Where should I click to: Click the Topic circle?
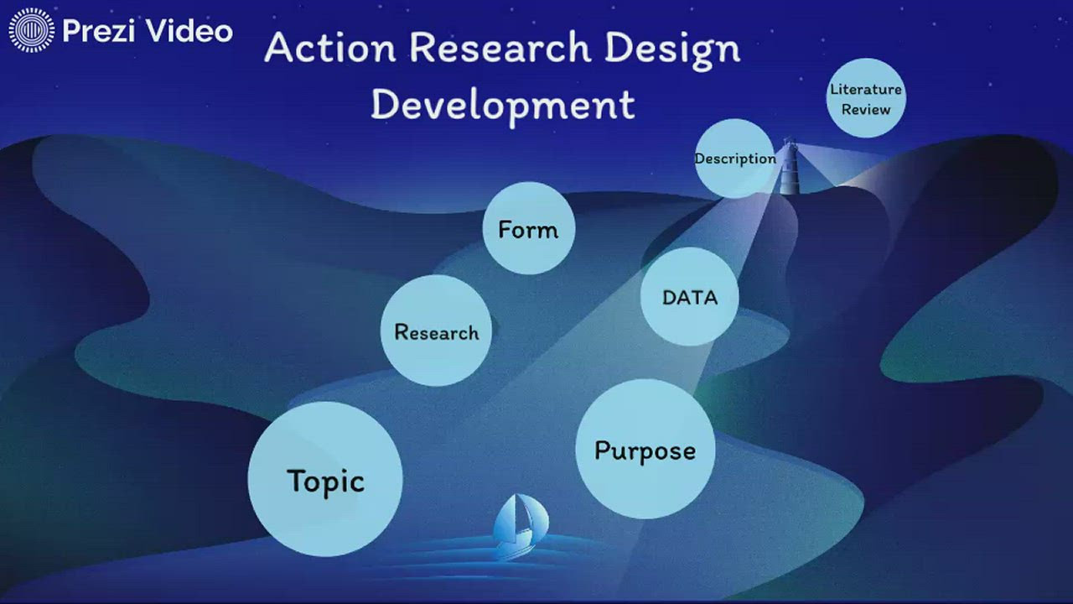point(325,479)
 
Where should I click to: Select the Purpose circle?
point(645,449)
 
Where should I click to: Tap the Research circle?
point(436,331)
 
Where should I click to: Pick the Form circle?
point(528,228)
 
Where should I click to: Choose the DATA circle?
point(689,296)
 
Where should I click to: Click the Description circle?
point(734,159)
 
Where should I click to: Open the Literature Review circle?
point(866,98)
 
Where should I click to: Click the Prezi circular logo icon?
point(31,31)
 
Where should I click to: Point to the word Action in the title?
point(329,48)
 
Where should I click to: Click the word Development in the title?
point(502,105)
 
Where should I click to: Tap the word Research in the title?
point(500,48)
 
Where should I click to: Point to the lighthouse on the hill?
point(789,168)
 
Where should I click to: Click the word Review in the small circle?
point(866,110)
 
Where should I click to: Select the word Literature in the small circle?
point(866,89)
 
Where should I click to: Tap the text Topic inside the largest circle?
point(325,482)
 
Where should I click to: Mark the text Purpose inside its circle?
point(645,450)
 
